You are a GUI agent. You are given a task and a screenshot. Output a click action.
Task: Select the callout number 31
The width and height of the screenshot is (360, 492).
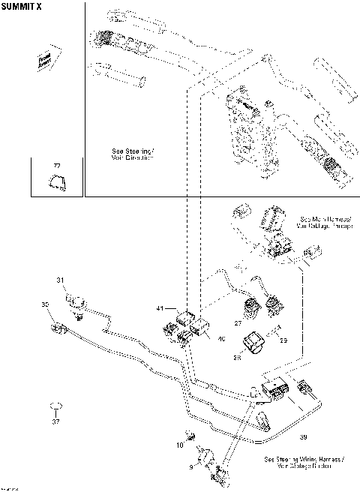(x=61, y=280)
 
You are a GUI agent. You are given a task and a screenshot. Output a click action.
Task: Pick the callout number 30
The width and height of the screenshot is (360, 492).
(x=44, y=304)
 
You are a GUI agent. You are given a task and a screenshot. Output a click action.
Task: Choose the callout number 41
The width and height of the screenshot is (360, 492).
(x=159, y=308)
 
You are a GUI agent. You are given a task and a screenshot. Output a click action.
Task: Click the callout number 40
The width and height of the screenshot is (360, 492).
(x=220, y=339)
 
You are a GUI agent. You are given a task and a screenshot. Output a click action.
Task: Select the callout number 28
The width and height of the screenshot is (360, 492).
(x=238, y=358)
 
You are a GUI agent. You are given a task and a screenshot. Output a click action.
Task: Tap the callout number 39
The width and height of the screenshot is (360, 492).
(x=303, y=436)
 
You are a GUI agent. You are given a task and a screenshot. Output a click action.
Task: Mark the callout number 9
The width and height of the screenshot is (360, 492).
(x=190, y=466)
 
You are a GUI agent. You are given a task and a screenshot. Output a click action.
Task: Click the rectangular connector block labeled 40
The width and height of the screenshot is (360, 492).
(x=202, y=328)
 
